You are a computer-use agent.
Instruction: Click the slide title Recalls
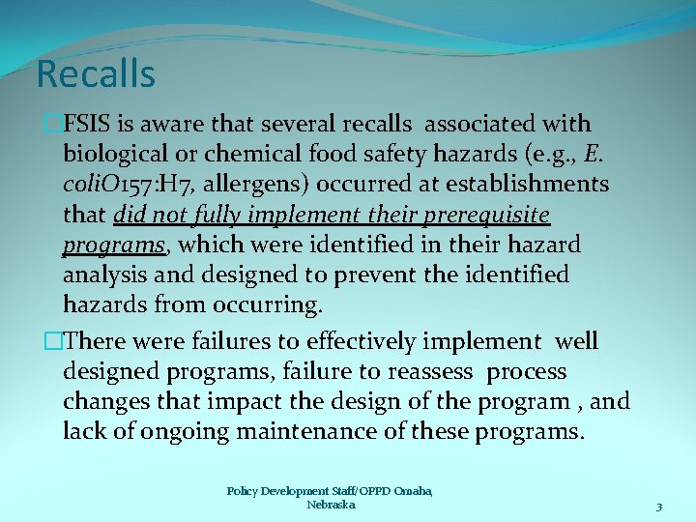(95, 73)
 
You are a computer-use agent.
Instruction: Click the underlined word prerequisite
(479, 215)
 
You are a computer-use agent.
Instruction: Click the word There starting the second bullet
(101, 341)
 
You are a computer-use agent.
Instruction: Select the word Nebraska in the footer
(331, 505)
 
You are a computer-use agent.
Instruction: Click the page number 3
(658, 507)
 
